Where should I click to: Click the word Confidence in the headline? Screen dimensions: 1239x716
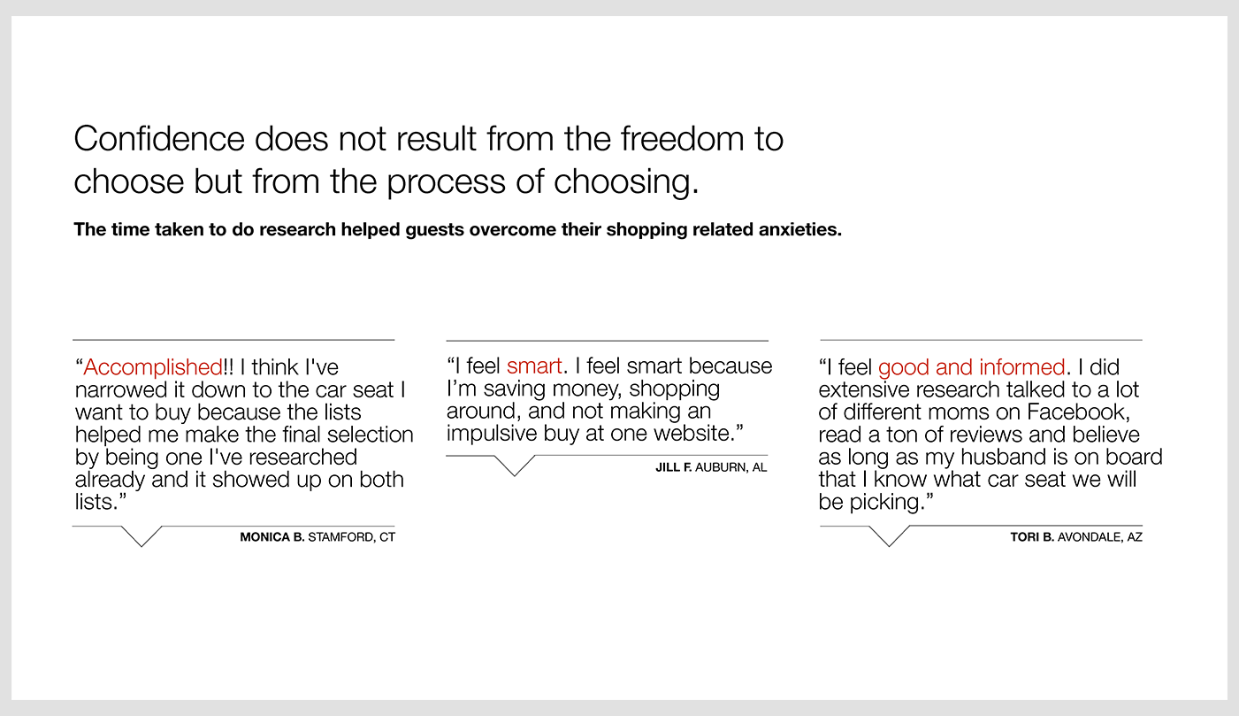[x=159, y=138]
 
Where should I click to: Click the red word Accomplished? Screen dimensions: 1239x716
[x=153, y=367]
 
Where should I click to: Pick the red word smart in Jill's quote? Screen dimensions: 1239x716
[x=534, y=366]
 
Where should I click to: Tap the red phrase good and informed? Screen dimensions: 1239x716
[x=971, y=367]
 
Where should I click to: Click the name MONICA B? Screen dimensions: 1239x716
[x=272, y=536]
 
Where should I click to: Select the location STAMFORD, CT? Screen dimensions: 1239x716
[x=352, y=537]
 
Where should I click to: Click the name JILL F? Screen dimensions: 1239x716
[x=674, y=467]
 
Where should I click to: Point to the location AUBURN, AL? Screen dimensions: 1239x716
[x=731, y=468]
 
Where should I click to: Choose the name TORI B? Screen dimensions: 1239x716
[x=1032, y=536]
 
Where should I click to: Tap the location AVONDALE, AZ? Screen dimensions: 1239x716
[x=1100, y=537]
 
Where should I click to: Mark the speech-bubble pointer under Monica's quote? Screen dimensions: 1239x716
[x=141, y=536]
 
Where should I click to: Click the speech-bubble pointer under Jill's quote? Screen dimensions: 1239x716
[x=515, y=466]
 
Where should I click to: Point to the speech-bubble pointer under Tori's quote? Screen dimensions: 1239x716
[x=890, y=536]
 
